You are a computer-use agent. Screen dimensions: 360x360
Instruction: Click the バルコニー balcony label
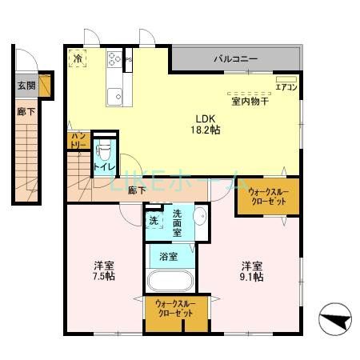point(235,59)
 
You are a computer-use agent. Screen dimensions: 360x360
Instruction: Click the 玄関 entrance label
point(26,84)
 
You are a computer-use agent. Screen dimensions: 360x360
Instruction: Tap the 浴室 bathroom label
point(168,257)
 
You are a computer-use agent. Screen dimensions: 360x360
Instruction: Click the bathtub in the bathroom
point(170,282)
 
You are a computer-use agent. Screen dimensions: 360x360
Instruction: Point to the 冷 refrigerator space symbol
point(78,58)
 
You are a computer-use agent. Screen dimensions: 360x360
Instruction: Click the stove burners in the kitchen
point(114,58)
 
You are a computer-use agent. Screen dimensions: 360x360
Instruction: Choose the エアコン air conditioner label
point(286,86)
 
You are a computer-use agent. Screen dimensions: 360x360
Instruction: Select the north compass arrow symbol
point(336,321)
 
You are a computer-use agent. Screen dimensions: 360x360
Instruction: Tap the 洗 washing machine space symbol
point(153,221)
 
